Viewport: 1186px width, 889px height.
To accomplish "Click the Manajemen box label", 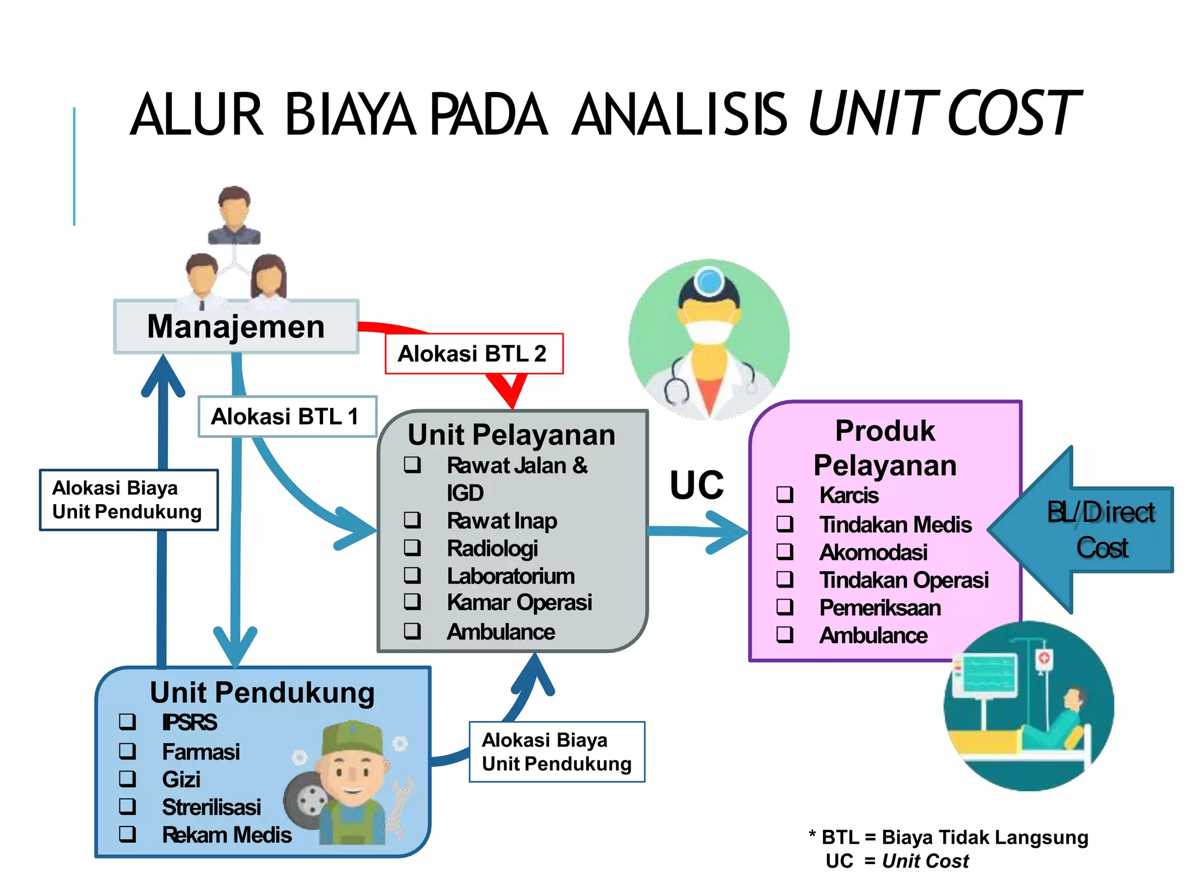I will pos(236,327).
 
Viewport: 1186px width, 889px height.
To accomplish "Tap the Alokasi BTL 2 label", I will pos(473,354).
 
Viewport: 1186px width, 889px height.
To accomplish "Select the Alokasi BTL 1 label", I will pos(286,417).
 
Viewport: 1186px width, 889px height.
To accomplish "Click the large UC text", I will pos(697,485).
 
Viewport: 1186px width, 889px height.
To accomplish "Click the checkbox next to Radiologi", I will pos(412,548).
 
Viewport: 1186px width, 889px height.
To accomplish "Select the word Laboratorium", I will pos(511,576).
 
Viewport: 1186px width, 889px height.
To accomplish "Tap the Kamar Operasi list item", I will pos(519,603).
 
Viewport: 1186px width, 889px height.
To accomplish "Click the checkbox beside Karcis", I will pos(785,495).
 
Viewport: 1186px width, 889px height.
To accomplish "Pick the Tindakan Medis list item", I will pos(895,525).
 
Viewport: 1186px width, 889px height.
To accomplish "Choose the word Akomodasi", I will pos(873,553).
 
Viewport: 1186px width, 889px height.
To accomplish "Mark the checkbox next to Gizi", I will pos(127,779).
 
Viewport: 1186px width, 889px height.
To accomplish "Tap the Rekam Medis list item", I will pos(226,835).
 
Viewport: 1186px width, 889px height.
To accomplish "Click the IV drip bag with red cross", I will pos(1044,660).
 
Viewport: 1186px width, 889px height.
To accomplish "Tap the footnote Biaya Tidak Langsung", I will pos(984,837).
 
